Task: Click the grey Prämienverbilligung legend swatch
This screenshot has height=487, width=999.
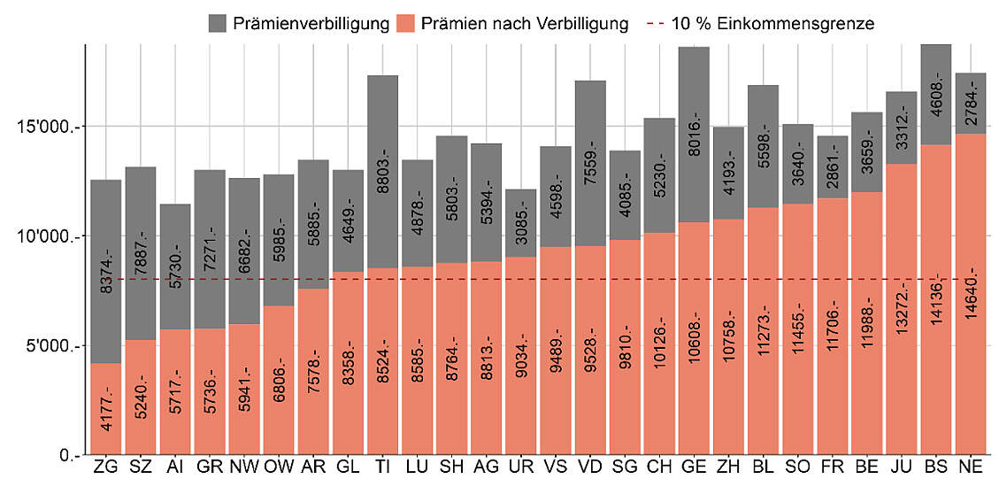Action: point(219,24)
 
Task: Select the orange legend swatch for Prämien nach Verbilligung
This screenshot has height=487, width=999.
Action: point(407,24)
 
